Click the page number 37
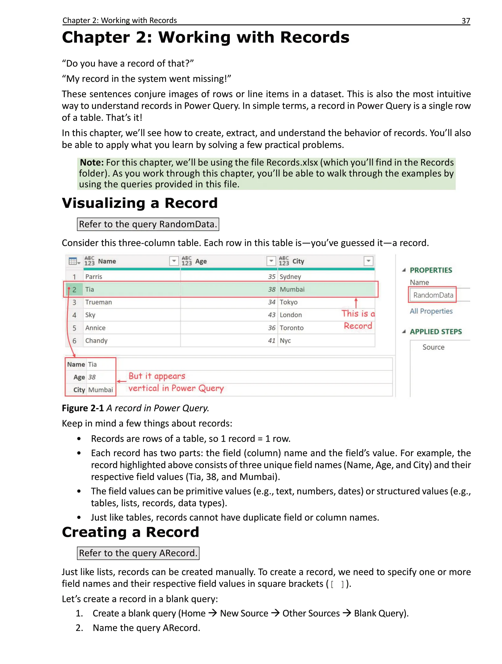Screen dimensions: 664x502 pyautogui.click(x=466, y=21)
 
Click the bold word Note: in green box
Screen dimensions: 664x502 pyautogui.click(x=92, y=162)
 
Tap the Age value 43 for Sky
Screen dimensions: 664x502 pyautogui.click(x=272, y=315)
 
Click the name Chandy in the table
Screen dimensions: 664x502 pyautogui.click(x=96, y=341)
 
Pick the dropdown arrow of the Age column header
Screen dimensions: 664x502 pyautogui.click(x=271, y=261)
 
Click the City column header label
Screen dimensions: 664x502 pyautogui.click(x=298, y=261)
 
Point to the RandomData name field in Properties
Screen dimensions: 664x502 pyautogui.click(x=433, y=295)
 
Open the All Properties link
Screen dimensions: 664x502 pyautogui.click(x=431, y=311)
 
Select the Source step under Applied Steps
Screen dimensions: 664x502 pyautogui.click(x=433, y=347)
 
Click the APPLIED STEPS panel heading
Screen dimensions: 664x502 pyautogui.click(x=436, y=331)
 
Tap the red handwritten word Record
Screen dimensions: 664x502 pyautogui.click(x=358, y=326)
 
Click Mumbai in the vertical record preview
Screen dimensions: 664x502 pyautogui.click(x=100, y=390)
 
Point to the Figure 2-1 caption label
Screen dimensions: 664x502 pyautogui.click(x=83, y=408)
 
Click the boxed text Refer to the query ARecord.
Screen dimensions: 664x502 pyautogui.click(x=138, y=553)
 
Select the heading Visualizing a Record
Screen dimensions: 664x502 pyautogui.click(x=140, y=203)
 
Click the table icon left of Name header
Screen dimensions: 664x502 pyautogui.click(x=74, y=261)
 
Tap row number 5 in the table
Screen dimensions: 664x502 pyautogui.click(x=74, y=328)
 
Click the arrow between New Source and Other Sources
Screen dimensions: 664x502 pyautogui.click(x=275, y=613)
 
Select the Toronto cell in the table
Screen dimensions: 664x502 pyautogui.click(x=291, y=328)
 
